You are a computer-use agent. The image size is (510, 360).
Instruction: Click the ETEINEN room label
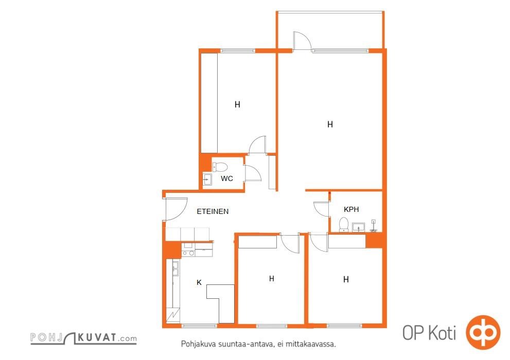(213, 211)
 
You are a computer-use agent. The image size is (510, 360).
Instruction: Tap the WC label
(227, 178)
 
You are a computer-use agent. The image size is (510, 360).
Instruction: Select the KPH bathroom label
(351, 209)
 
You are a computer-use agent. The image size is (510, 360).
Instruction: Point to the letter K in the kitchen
(199, 282)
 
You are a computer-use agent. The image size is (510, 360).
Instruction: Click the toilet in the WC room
(220, 167)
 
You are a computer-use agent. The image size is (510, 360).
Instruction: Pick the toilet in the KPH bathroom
(344, 225)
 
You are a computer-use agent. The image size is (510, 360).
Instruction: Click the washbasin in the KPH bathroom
(358, 227)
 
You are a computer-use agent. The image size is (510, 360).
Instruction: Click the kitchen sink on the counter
(175, 268)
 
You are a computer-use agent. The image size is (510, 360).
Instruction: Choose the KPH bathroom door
(321, 209)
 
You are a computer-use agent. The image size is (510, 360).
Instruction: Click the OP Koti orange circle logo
(483, 332)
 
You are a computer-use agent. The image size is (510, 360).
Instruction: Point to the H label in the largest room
(330, 124)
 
